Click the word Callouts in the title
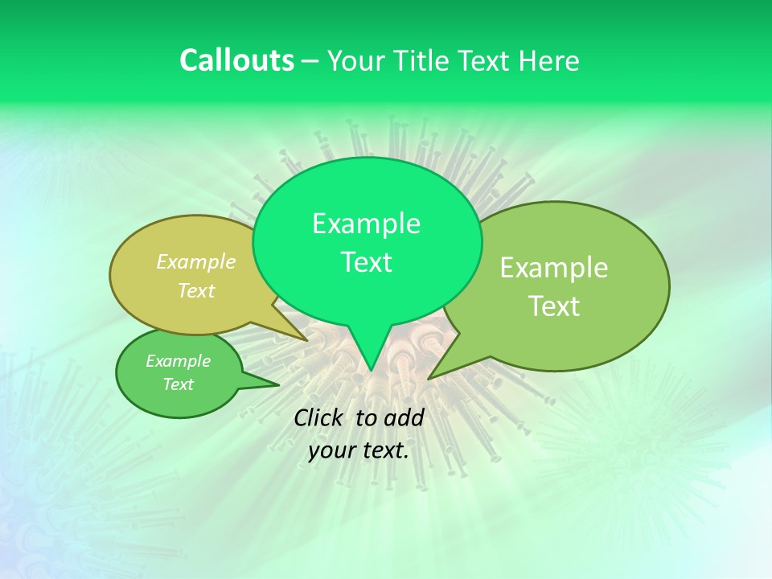[x=236, y=60]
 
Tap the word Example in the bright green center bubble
[x=366, y=224]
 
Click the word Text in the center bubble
[x=366, y=262]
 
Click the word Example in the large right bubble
[x=554, y=268]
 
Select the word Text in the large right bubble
[x=554, y=306]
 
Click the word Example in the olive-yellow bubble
[x=196, y=261]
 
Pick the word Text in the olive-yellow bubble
[x=196, y=290]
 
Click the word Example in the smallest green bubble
[x=178, y=361]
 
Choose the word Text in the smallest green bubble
[x=178, y=384]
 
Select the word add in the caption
[x=403, y=417]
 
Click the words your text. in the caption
[x=359, y=450]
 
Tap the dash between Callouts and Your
[x=310, y=61]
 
